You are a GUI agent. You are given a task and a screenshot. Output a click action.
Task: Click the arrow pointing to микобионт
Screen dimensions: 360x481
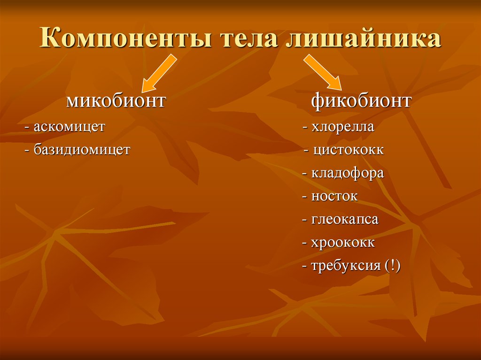pos(158,73)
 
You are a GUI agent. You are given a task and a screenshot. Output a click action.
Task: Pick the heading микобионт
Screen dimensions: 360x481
pos(116,100)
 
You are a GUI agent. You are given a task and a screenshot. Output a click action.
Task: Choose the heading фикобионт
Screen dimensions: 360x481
pos(361,100)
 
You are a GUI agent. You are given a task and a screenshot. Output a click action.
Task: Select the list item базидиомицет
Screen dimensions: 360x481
pos(82,150)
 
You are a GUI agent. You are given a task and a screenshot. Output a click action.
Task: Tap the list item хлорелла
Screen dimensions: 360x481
pos(342,127)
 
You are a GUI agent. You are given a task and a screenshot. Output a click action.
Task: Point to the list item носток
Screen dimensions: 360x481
pos(334,196)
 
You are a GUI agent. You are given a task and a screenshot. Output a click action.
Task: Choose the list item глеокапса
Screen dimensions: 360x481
pos(344,219)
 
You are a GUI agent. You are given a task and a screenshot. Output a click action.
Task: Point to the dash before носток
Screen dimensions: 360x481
pos(305,197)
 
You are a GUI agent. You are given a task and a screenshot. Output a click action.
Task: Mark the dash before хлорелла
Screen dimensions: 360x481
pos(306,128)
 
